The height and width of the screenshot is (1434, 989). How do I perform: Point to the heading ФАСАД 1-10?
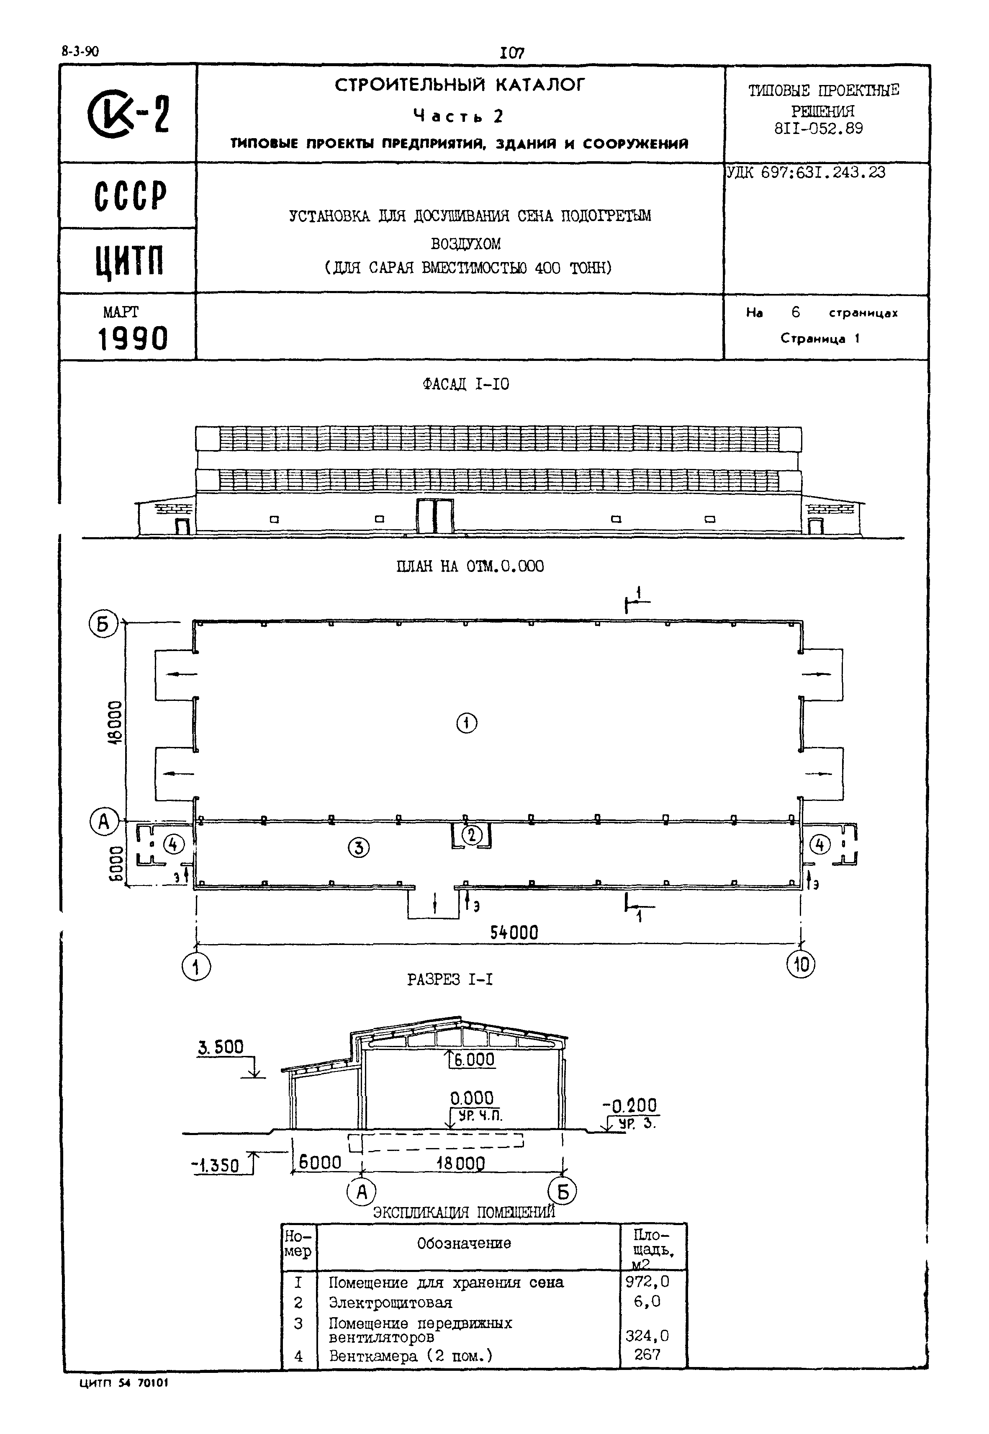[x=465, y=384]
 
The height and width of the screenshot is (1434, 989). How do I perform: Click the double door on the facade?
[x=435, y=515]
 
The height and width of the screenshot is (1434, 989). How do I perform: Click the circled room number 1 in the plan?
[x=467, y=723]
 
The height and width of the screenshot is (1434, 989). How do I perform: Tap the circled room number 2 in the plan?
[x=472, y=835]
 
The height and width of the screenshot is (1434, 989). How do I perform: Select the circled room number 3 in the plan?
[x=359, y=847]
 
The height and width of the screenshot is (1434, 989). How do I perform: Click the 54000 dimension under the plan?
[x=514, y=932]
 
